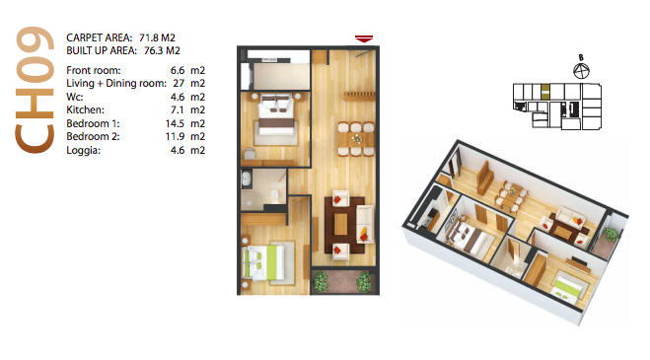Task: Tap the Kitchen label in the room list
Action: point(86,109)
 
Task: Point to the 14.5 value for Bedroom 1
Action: point(175,123)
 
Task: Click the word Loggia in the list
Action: point(83,150)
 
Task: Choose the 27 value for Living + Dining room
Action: point(179,83)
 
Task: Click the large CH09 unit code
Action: point(35,90)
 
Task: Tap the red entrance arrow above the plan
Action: point(364,38)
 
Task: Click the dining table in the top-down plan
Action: point(356,139)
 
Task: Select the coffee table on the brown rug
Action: point(340,224)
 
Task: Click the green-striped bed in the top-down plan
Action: point(263,261)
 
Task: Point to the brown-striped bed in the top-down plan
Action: point(276,116)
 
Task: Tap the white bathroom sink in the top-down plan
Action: point(246,180)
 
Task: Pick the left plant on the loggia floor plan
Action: point(321,282)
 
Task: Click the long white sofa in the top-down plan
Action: point(365,224)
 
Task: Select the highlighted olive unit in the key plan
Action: point(545,91)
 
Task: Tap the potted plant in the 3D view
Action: point(611,236)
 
